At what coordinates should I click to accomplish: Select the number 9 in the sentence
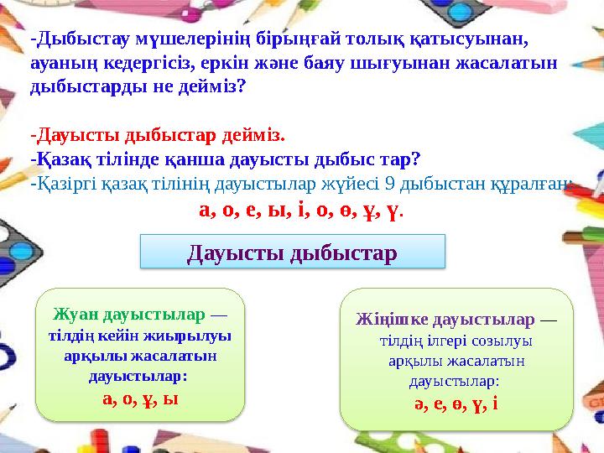383,182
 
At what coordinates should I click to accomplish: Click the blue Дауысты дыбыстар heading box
291,251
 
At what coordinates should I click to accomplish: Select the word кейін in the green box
102,336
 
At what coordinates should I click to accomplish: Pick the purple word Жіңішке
387,320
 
